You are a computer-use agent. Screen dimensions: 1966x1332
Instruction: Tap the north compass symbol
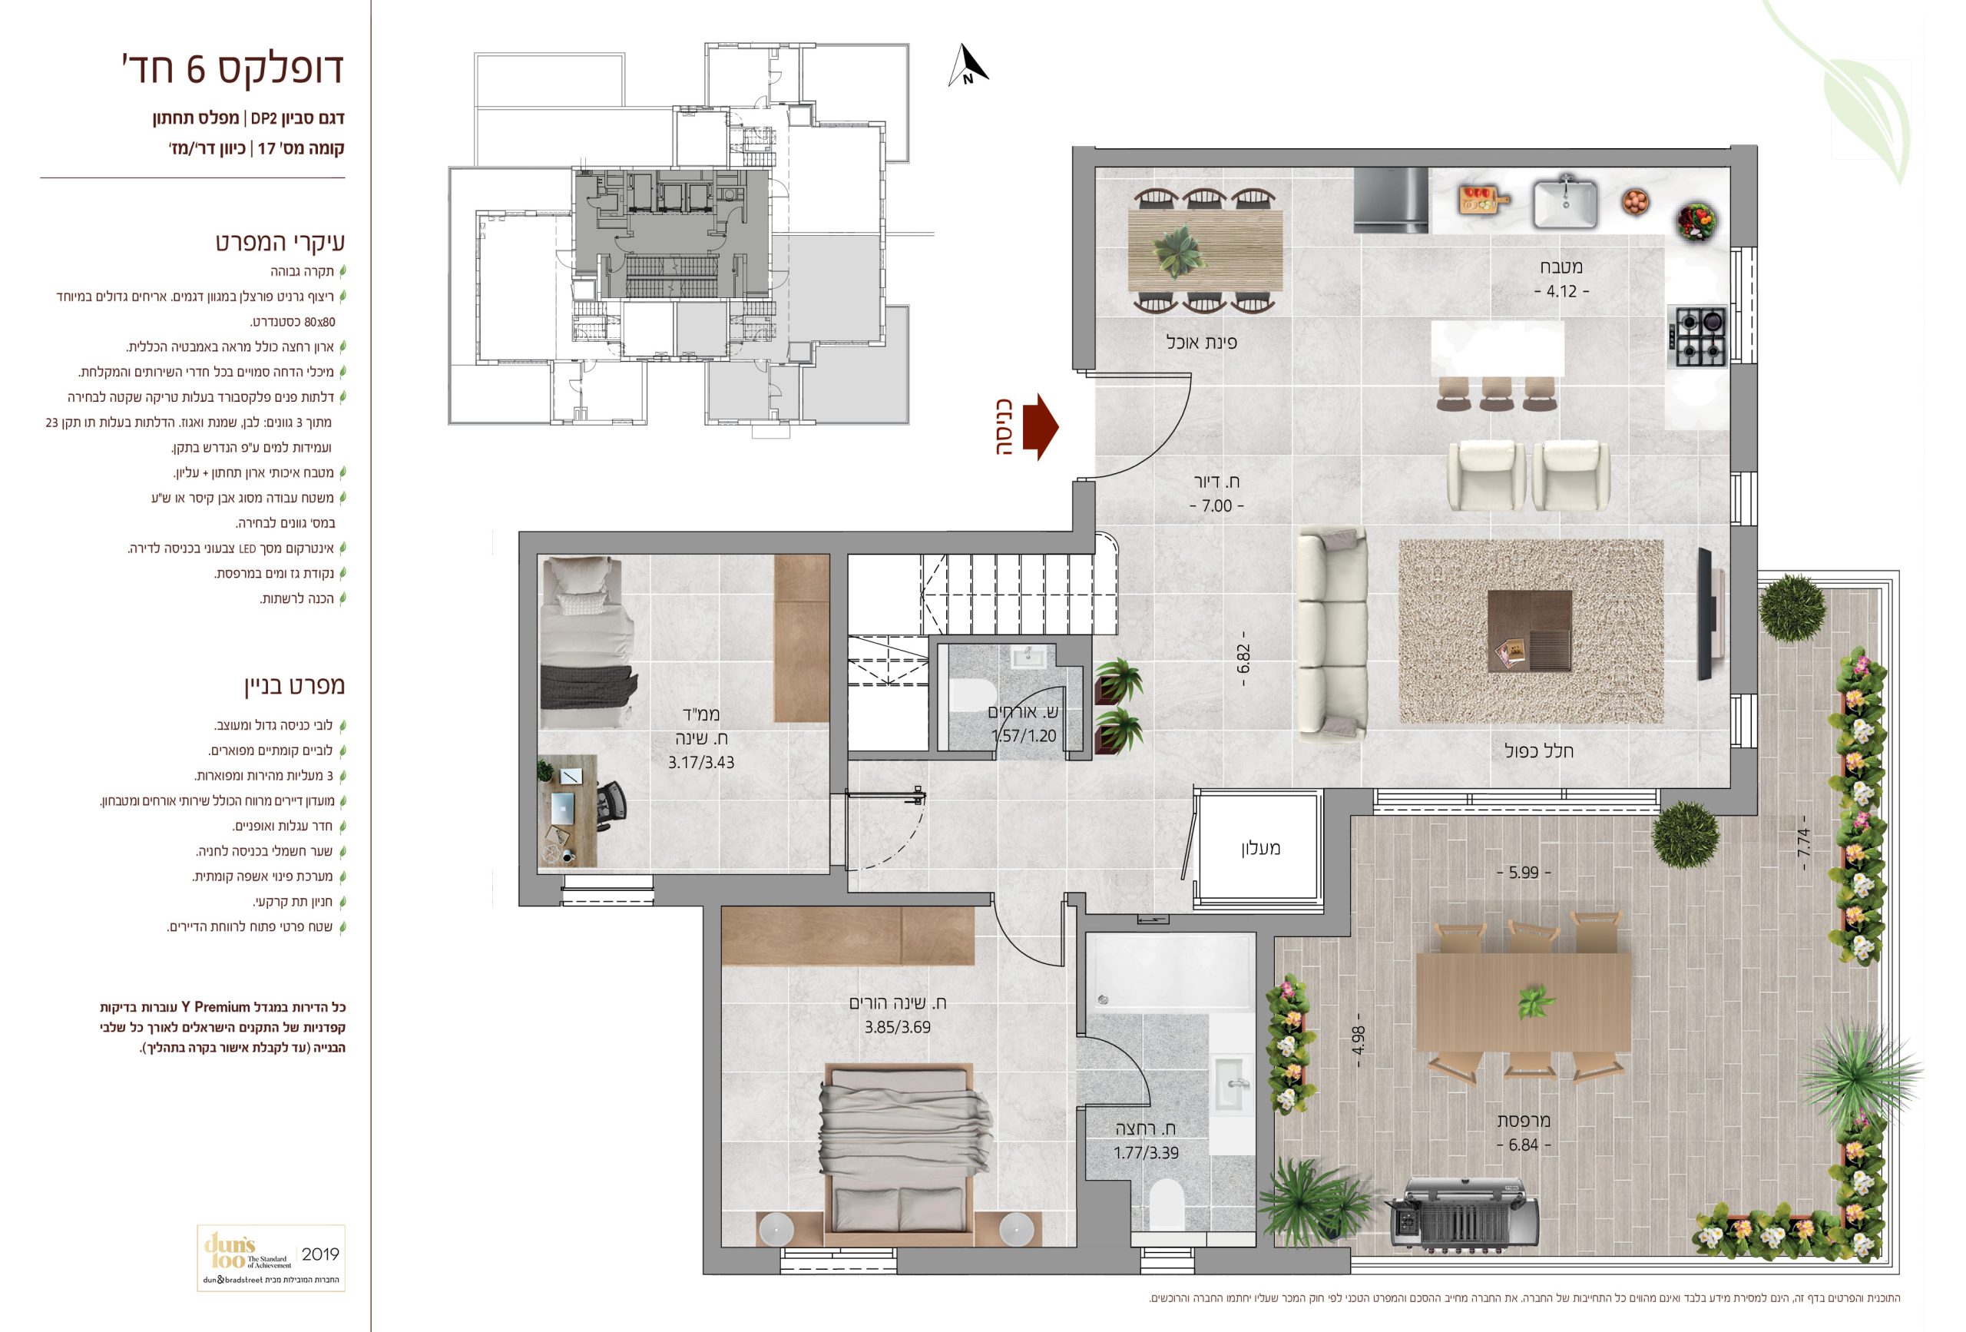click(968, 66)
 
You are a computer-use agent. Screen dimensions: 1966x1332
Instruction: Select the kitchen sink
click(1565, 202)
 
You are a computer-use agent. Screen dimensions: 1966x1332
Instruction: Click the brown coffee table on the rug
click(1530, 631)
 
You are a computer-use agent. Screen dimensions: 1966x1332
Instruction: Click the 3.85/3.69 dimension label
click(898, 1027)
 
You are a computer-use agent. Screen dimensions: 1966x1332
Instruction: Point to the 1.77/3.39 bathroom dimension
click(1145, 1152)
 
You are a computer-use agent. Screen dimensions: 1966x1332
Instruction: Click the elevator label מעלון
click(1260, 848)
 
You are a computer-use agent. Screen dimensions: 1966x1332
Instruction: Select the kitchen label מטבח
click(1561, 267)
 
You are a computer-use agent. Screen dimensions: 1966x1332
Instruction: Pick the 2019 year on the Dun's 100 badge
click(319, 1254)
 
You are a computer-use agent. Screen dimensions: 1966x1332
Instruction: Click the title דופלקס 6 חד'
click(233, 68)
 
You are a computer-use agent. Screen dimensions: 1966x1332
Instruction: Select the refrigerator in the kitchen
click(1391, 200)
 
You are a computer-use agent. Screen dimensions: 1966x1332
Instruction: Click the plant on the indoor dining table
click(1178, 251)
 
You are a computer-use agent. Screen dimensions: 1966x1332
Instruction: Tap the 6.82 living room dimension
click(1243, 659)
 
